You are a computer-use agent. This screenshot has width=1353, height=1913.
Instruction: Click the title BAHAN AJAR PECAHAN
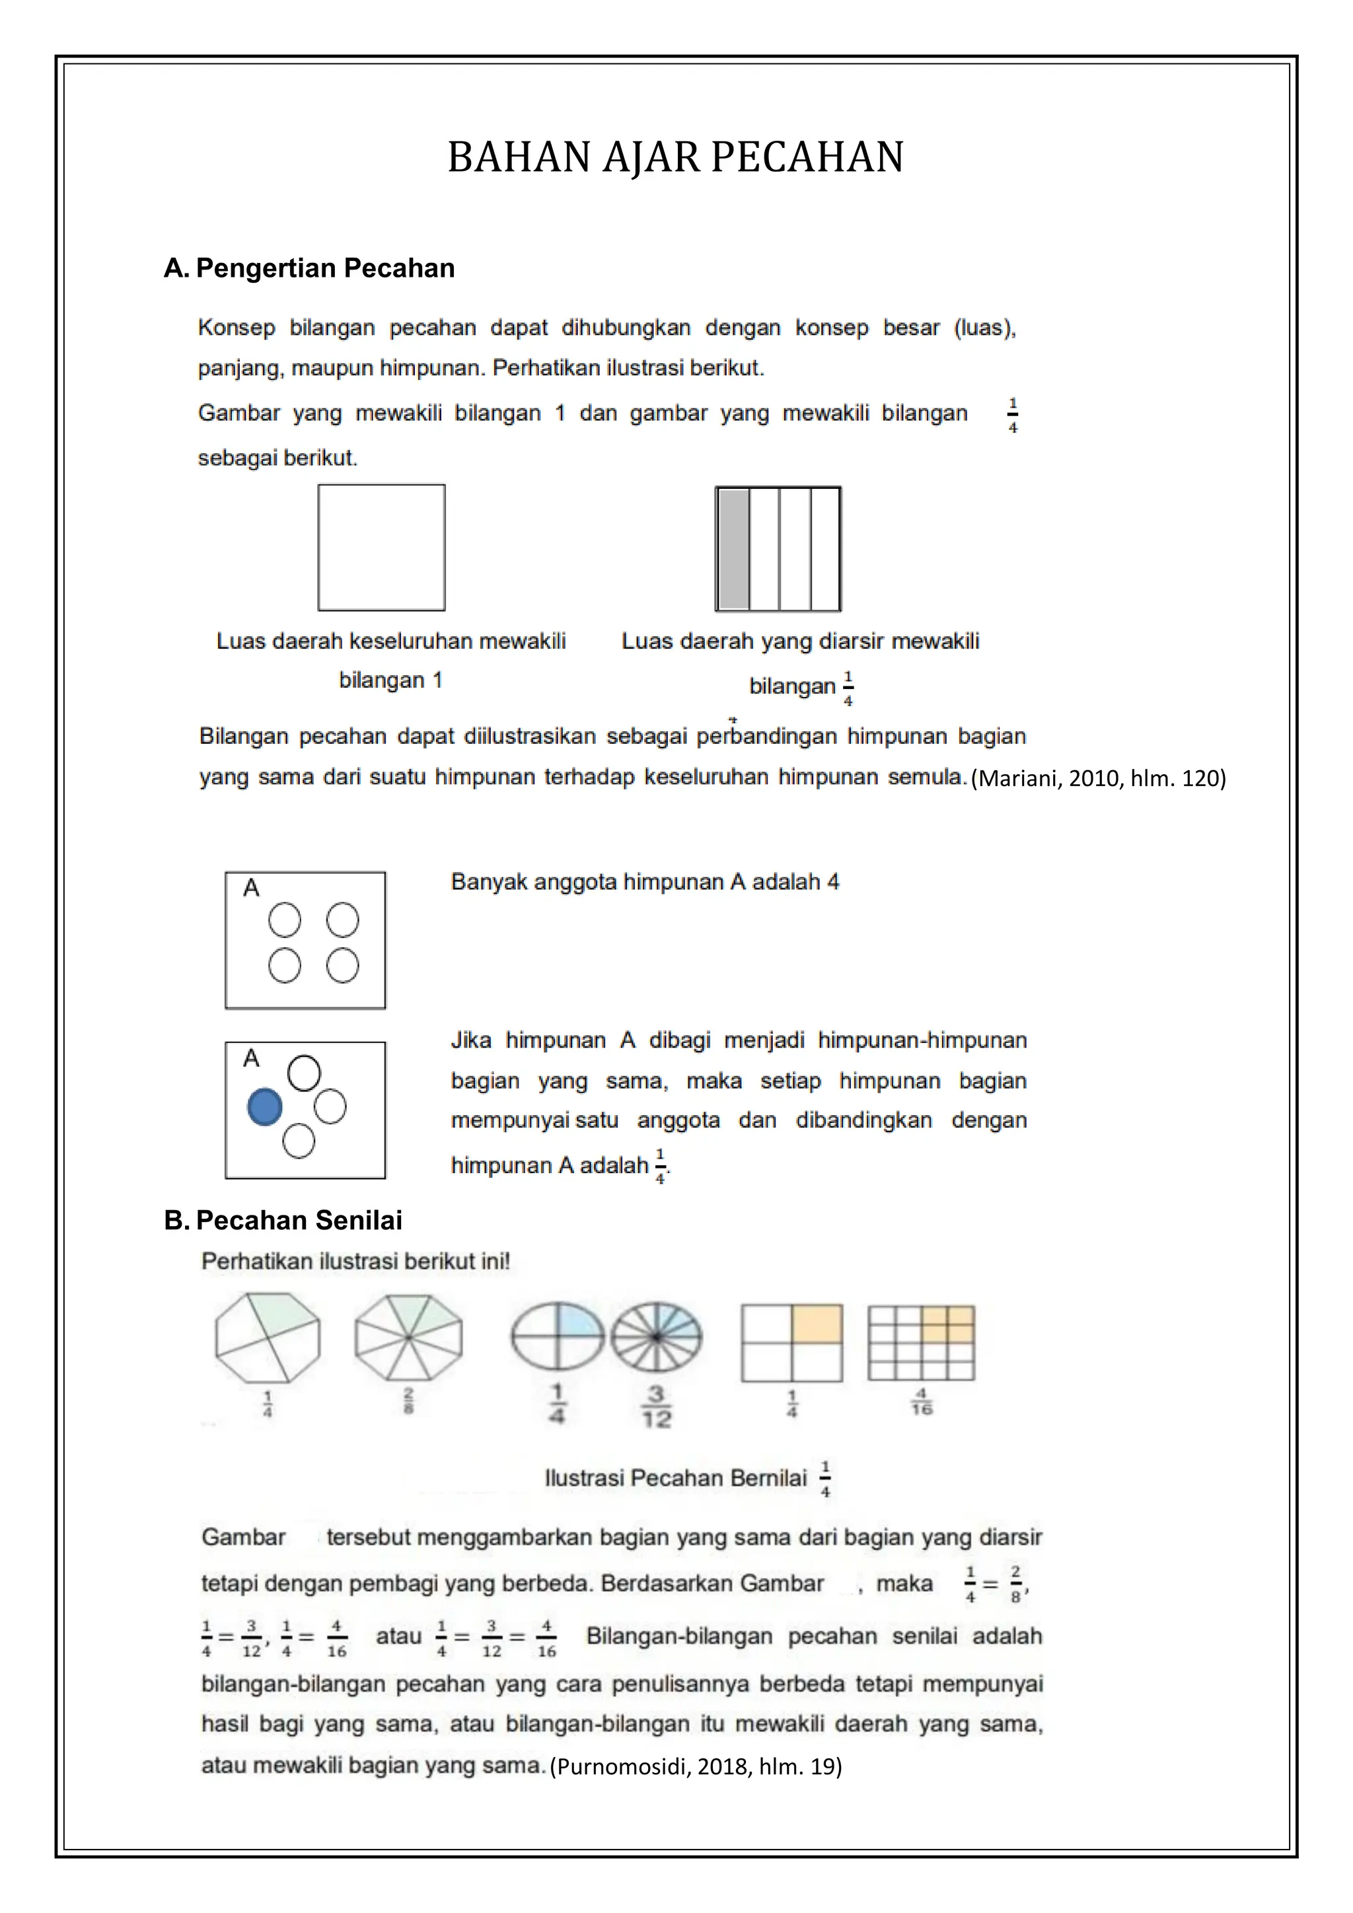[x=676, y=157]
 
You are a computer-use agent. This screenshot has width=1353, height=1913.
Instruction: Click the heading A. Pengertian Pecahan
[x=309, y=268]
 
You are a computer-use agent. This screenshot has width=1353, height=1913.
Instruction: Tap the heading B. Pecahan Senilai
[x=283, y=1221]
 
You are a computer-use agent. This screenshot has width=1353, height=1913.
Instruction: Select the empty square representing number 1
[x=382, y=548]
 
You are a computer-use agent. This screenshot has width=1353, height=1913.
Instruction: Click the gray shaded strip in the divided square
[x=734, y=549]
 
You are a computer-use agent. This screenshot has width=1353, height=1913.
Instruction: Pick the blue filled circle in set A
[x=265, y=1107]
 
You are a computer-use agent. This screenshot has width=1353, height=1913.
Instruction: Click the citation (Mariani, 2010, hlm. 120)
[x=1098, y=778]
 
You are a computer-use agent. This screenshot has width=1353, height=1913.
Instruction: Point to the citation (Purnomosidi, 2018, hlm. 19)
[x=696, y=1766]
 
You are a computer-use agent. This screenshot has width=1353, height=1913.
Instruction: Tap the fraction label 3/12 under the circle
[x=657, y=1406]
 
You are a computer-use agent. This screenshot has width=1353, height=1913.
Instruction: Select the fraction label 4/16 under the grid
[x=922, y=1402]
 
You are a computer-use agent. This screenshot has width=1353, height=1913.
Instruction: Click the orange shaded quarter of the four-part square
[x=817, y=1324]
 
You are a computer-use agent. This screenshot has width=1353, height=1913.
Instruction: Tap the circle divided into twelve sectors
[x=657, y=1337]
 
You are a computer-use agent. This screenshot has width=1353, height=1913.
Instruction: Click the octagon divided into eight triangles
[x=408, y=1337]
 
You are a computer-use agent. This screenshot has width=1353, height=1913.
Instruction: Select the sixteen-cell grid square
[x=922, y=1342]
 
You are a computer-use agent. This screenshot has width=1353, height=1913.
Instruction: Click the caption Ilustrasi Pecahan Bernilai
[x=676, y=1478]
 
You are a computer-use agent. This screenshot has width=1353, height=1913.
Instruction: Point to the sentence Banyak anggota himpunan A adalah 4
[x=645, y=883]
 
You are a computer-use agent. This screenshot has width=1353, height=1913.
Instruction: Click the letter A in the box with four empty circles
[x=251, y=888]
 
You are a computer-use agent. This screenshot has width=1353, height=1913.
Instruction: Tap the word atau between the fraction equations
[x=398, y=1636]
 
